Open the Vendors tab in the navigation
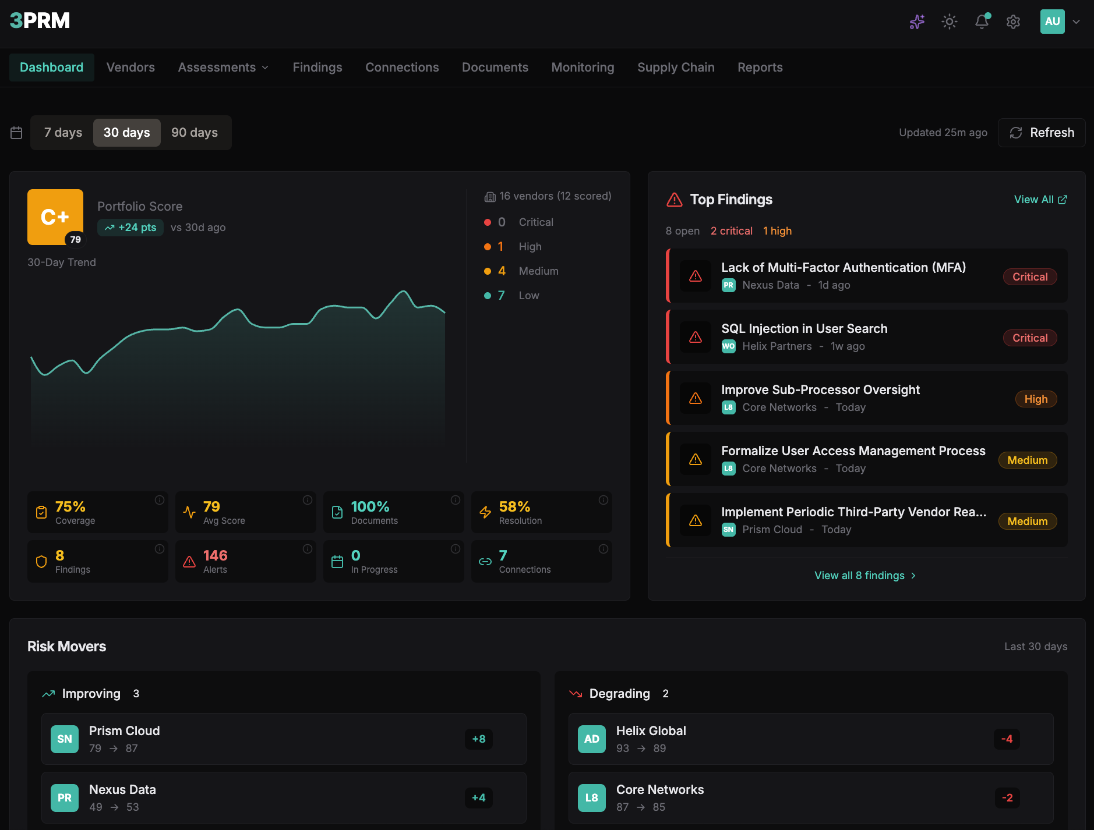click(130, 68)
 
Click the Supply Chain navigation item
click(676, 68)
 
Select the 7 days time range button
click(63, 133)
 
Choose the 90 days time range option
click(195, 133)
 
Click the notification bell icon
click(982, 22)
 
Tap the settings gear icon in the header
click(1013, 22)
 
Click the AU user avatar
click(1052, 22)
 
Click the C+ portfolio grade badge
click(55, 217)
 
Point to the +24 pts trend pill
click(130, 228)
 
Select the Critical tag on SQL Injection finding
click(1029, 338)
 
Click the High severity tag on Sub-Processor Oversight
click(1035, 399)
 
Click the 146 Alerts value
click(215, 556)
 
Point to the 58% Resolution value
click(514, 507)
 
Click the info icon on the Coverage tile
click(159, 500)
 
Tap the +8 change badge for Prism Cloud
click(478, 739)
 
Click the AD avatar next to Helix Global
click(591, 739)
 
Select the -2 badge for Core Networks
click(1007, 798)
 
